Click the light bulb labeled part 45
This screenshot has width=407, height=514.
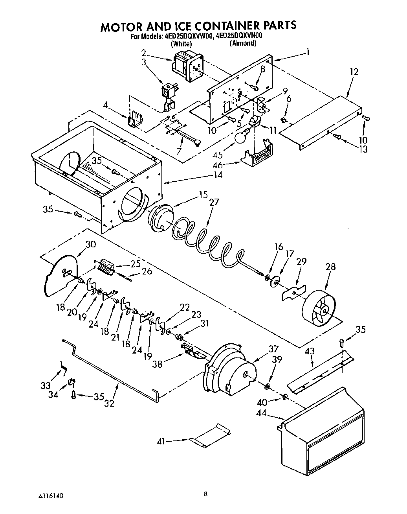point(241,136)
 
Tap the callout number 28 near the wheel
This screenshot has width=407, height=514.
point(330,266)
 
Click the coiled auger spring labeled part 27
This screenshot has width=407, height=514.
point(204,240)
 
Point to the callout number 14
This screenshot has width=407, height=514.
point(218,175)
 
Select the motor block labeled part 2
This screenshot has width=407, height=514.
point(187,68)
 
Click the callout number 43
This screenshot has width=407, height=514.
point(310,351)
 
